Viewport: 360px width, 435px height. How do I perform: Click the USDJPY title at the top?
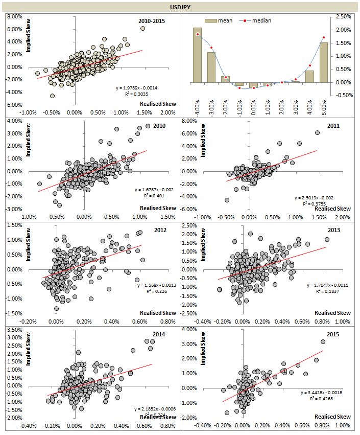pyautogui.click(x=180, y=7)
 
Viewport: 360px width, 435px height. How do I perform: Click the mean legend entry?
pyautogui.click(x=220, y=20)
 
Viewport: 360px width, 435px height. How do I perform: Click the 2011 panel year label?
pyautogui.click(x=333, y=126)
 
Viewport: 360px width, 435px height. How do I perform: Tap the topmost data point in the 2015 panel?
pyautogui.click(x=323, y=342)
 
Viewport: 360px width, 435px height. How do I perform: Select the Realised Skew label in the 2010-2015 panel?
pyautogui.click(x=158, y=104)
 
